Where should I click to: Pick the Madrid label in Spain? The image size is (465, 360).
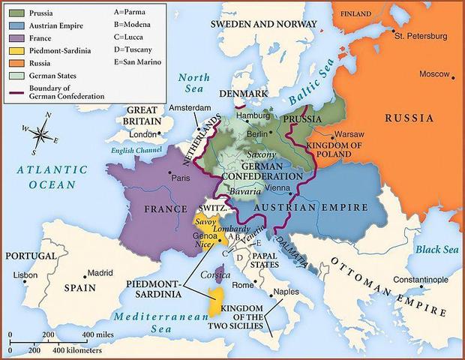pos(100,273)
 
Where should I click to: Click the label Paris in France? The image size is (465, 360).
pos(181,178)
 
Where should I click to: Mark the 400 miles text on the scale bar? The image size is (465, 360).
pos(97,334)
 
